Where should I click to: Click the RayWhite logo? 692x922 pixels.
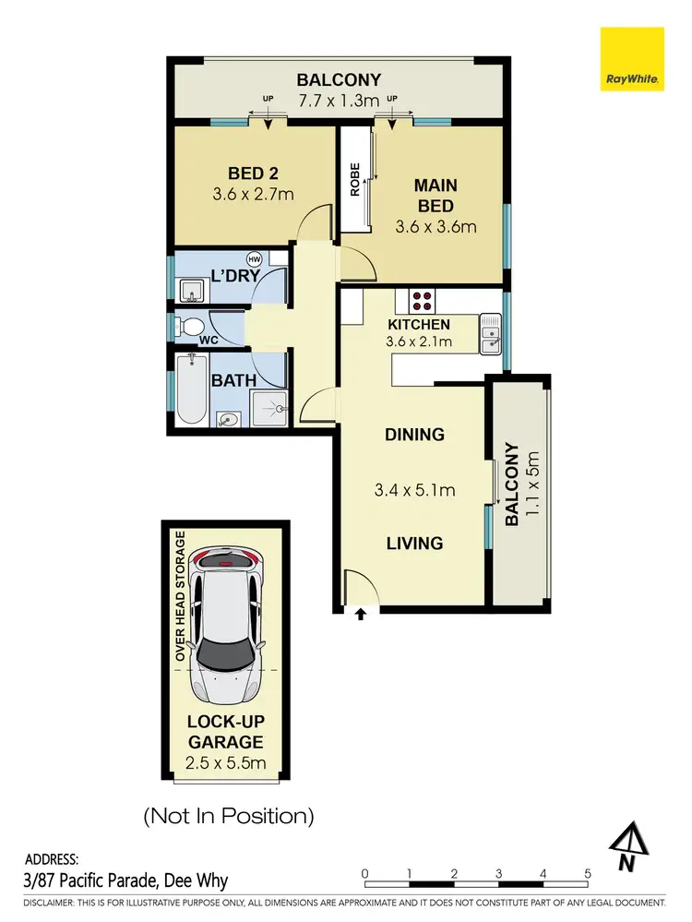pos(632,59)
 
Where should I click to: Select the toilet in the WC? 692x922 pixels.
pos(192,327)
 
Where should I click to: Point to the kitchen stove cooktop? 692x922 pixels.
pos(422,300)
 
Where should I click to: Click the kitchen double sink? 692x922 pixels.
pos(490,333)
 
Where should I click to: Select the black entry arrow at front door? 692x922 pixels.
pos(360,612)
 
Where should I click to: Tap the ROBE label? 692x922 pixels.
pos(353,180)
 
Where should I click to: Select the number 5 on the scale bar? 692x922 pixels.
pos(587,873)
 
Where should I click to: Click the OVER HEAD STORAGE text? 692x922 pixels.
pos(180,595)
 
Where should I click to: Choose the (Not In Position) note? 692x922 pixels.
pos(228,816)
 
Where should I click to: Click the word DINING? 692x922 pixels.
pos(414,435)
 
